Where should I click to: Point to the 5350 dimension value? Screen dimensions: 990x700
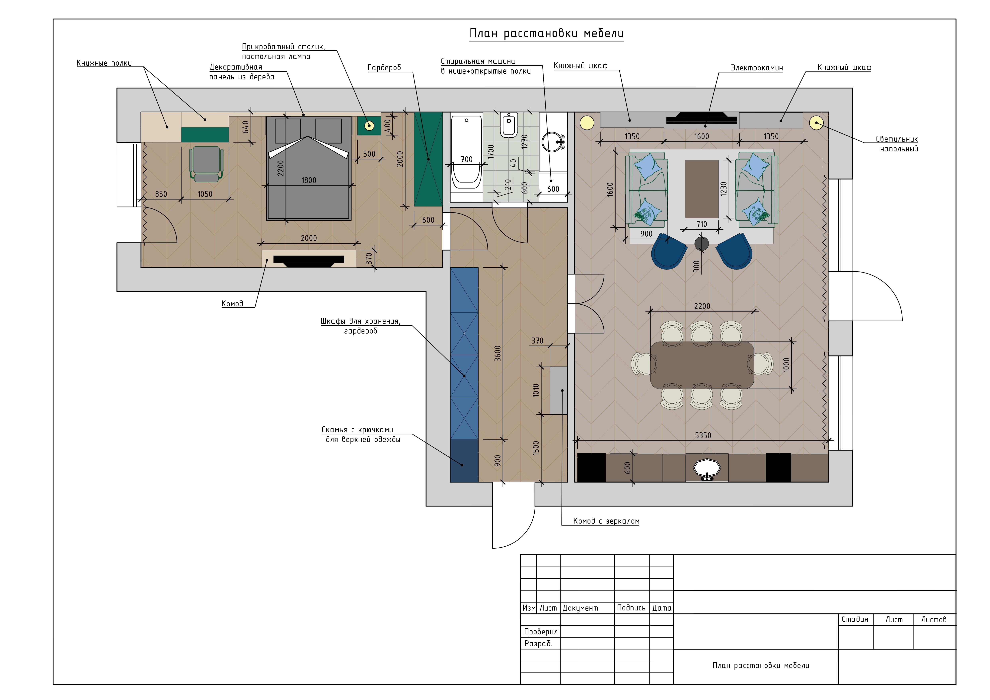(703, 436)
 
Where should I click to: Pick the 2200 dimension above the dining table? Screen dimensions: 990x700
(702, 306)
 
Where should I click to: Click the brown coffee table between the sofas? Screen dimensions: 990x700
(702, 189)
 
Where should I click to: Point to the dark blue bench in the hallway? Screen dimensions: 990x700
(464, 461)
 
